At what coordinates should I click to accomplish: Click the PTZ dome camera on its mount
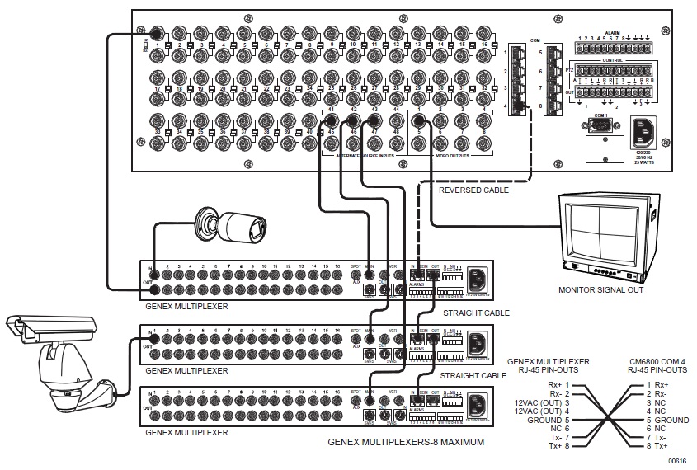[x=62, y=364]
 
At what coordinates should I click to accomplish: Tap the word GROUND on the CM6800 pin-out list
[x=670, y=421]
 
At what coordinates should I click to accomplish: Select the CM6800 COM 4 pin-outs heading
[x=658, y=366]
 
